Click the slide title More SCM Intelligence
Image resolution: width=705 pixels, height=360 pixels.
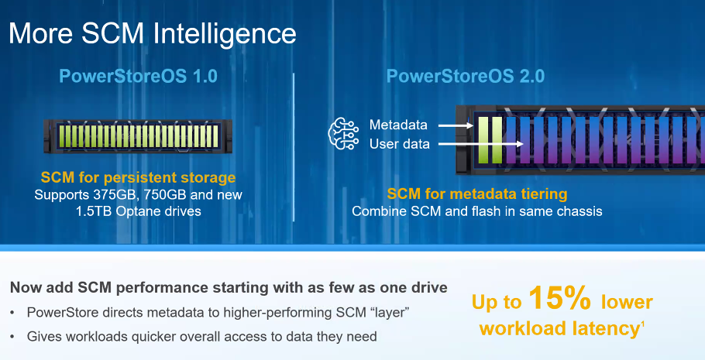click(153, 34)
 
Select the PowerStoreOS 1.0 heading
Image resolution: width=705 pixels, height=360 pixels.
click(139, 76)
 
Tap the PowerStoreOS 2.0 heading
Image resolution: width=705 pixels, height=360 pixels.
click(466, 76)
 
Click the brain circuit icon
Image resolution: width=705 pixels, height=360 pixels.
click(344, 133)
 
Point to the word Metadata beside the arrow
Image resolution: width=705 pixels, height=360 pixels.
click(398, 125)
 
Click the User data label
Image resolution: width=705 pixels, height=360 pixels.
click(399, 144)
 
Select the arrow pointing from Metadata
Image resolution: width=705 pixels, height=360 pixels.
click(456, 125)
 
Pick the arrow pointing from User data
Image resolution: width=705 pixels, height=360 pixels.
click(480, 144)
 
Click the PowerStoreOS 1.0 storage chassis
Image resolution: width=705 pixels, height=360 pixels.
click(138, 136)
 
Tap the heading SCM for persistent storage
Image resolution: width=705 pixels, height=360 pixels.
click(138, 177)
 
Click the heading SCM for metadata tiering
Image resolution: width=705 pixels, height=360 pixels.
click(477, 194)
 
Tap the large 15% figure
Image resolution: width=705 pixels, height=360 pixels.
click(560, 297)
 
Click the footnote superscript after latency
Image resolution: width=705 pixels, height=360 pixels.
click(643, 324)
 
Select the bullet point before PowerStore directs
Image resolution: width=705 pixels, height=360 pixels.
click(12, 312)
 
